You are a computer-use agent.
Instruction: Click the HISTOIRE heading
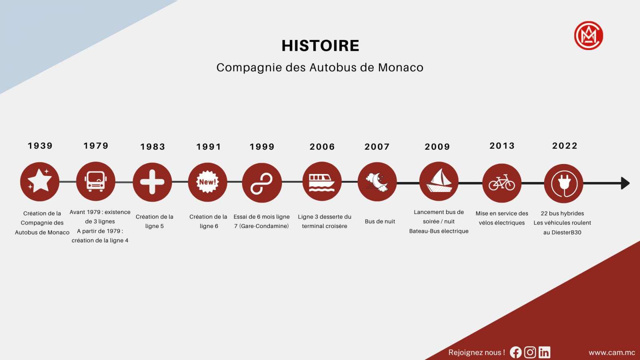[x=320, y=46]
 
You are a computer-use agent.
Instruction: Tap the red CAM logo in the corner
[x=588, y=36]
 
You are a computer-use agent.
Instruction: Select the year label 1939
[x=40, y=146]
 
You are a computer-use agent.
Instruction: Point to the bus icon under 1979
[x=96, y=181]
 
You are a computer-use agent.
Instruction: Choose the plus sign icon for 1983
[x=152, y=182]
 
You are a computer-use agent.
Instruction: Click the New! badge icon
[x=208, y=182]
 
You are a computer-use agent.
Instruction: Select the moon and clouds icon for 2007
[x=377, y=182]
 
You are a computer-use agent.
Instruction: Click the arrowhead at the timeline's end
[x=626, y=183]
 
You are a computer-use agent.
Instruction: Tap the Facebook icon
[x=516, y=352]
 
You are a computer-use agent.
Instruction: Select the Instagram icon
[x=530, y=352]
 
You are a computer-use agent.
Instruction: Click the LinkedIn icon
[x=544, y=352]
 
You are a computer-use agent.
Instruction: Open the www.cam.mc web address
[x=612, y=352]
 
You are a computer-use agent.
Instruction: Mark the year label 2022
[x=565, y=146]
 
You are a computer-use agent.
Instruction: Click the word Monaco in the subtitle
[x=400, y=68]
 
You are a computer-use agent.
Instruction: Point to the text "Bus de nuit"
[x=380, y=222]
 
